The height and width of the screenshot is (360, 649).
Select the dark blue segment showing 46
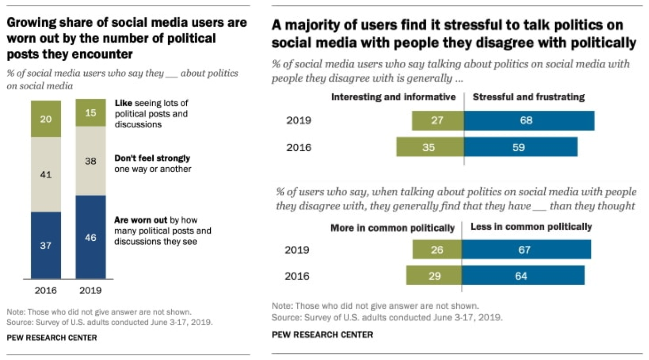(x=91, y=237)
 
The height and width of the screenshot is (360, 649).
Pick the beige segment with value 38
(x=91, y=161)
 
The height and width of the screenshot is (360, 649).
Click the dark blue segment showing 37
(x=46, y=245)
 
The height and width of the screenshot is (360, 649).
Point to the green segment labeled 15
(x=91, y=113)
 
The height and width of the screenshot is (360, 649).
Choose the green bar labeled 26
(x=437, y=249)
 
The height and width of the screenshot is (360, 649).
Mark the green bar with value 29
(x=434, y=275)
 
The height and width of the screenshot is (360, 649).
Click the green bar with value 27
(x=438, y=121)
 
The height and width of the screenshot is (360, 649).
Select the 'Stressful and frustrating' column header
(x=528, y=97)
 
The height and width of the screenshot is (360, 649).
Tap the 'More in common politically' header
(x=392, y=228)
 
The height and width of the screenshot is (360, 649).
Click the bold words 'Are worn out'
(x=140, y=220)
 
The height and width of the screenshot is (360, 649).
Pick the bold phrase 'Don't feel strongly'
(x=152, y=158)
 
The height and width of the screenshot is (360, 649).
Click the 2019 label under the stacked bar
(x=90, y=290)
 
